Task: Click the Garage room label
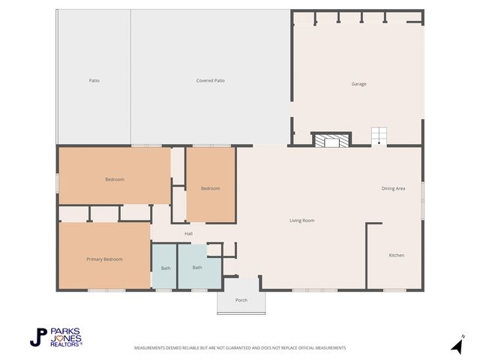pyautogui.click(x=359, y=84)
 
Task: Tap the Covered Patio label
pyautogui.click(x=211, y=80)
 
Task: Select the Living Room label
pyautogui.click(x=301, y=220)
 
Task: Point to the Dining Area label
pyautogui.click(x=393, y=188)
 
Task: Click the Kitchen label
pyautogui.click(x=396, y=255)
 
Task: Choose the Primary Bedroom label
pyautogui.click(x=104, y=259)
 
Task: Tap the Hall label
pyautogui.click(x=189, y=233)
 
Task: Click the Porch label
pyautogui.click(x=241, y=300)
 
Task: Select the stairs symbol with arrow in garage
pyautogui.click(x=379, y=137)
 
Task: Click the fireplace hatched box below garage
pyautogui.click(x=331, y=140)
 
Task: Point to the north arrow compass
pyautogui.click(x=457, y=345)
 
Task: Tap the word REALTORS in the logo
pyautogui.click(x=66, y=343)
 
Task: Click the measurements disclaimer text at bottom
pyautogui.click(x=240, y=348)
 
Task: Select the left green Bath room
pyautogui.click(x=164, y=267)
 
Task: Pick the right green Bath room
pyautogui.click(x=198, y=267)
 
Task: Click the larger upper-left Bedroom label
pyautogui.click(x=115, y=179)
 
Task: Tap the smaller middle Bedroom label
pyautogui.click(x=211, y=188)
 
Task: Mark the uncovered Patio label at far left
pyautogui.click(x=94, y=80)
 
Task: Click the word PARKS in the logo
pyautogui.click(x=67, y=331)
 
